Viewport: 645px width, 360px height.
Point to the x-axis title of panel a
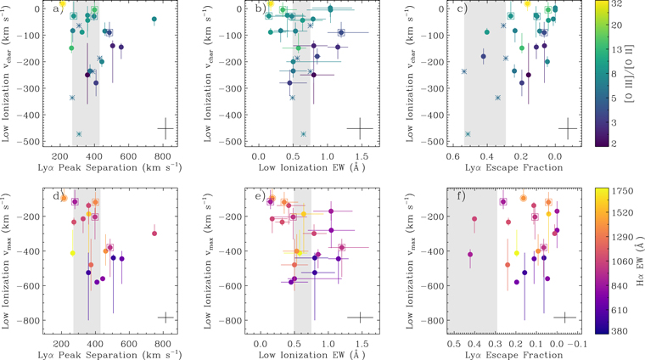click(x=112, y=166)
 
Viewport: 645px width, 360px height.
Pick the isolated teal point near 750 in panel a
click(x=154, y=19)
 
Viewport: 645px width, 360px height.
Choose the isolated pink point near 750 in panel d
click(x=154, y=233)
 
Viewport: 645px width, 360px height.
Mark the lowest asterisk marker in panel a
click(x=79, y=134)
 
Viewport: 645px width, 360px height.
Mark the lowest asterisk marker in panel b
click(x=303, y=134)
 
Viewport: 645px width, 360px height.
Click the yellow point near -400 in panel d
click(x=72, y=253)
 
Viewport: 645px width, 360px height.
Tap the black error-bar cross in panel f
click(x=565, y=318)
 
